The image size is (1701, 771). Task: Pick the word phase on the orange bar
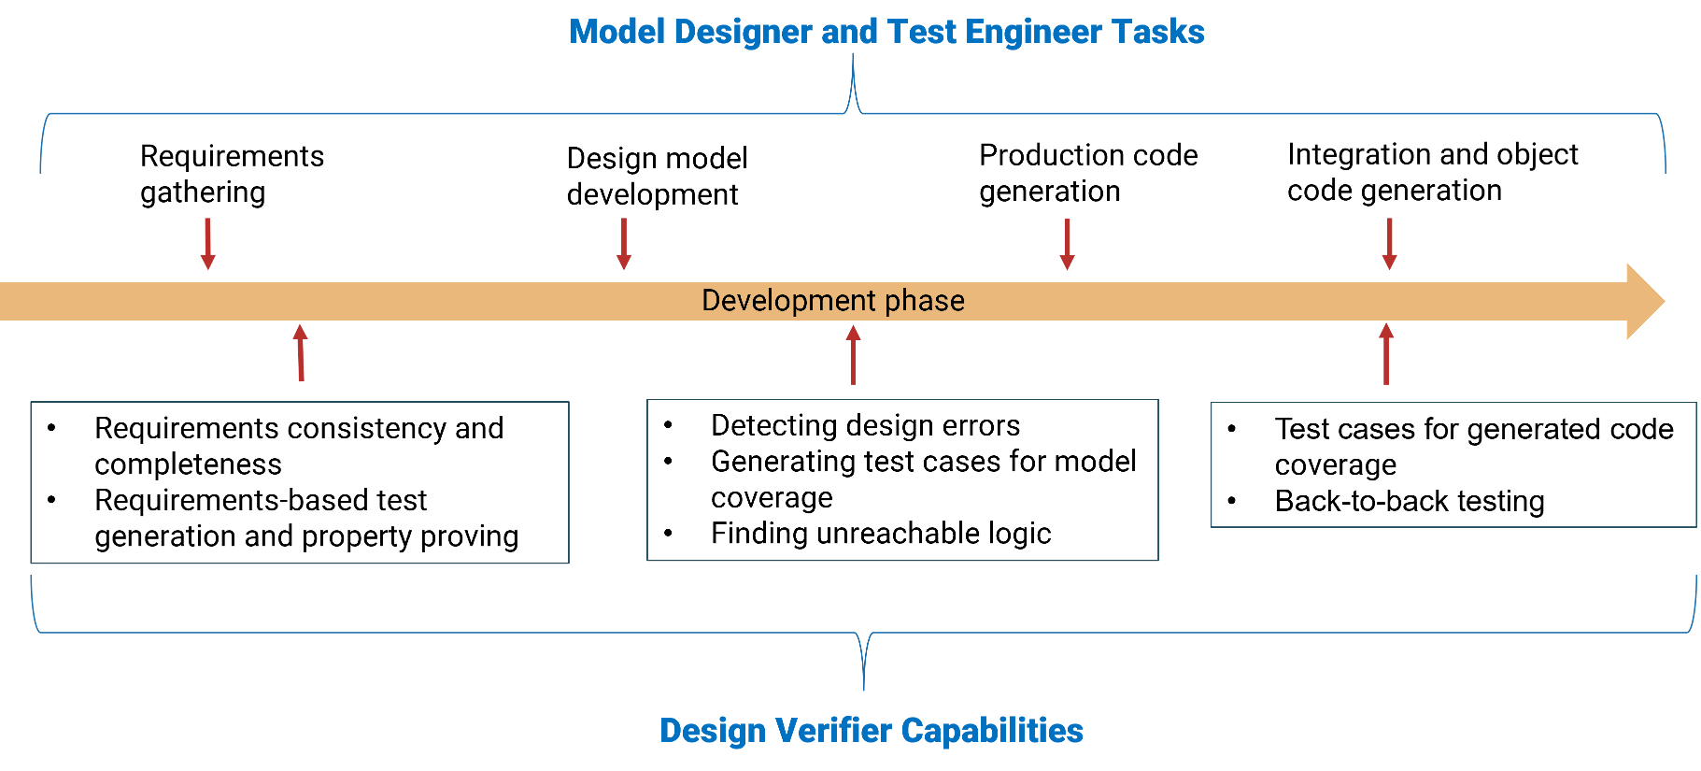[x=925, y=301]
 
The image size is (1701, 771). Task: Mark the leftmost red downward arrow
[x=207, y=244]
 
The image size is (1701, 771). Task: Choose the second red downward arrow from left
[x=624, y=244]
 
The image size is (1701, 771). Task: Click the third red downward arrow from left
[x=1067, y=244]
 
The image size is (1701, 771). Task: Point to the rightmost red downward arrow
[x=1389, y=244]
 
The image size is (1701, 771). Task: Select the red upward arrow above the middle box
[x=853, y=354]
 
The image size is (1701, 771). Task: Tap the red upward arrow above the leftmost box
[x=300, y=352]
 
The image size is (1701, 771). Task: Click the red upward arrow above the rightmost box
[x=1386, y=354]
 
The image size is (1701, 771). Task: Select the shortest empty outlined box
[x=1453, y=464]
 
